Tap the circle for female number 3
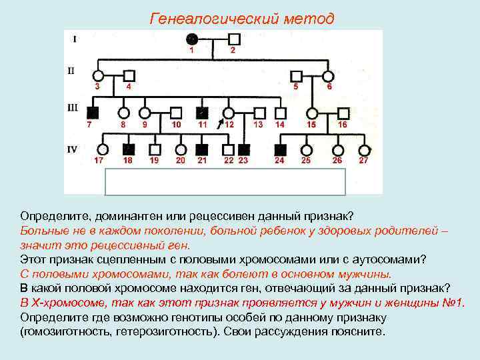click(x=98, y=75)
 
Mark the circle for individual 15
click(x=311, y=112)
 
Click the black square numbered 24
click(x=281, y=149)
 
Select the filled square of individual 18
click(x=129, y=149)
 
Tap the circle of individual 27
click(x=363, y=149)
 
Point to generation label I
click(x=74, y=39)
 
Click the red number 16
click(x=343, y=125)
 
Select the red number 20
click(x=181, y=161)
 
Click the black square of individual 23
click(x=244, y=149)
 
